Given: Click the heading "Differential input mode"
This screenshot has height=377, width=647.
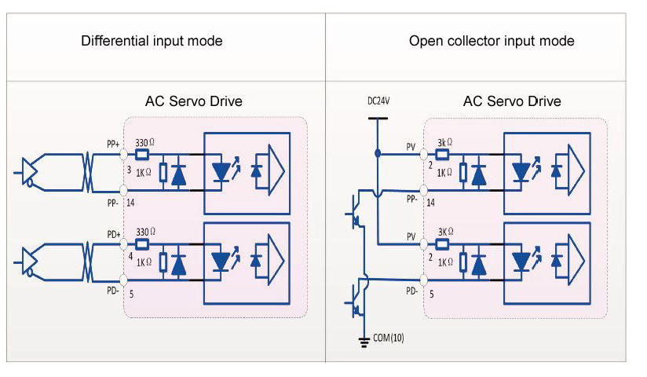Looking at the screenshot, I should [152, 41].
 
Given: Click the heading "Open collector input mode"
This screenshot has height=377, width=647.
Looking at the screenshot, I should [492, 41].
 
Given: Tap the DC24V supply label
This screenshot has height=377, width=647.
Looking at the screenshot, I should [378, 101].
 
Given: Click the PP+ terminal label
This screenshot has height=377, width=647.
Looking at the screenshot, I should [111, 144].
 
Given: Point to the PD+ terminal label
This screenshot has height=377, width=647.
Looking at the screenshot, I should [111, 234].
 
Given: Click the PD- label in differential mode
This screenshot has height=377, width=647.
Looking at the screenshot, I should [111, 291].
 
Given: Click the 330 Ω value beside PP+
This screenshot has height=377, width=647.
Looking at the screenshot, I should [146, 143].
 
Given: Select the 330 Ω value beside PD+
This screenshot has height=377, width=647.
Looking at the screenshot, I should [146, 232].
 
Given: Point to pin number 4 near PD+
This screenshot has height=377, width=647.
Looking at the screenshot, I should [130, 256].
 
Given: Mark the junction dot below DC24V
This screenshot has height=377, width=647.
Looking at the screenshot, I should [378, 153].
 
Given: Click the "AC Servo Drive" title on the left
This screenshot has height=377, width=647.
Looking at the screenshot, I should [194, 101].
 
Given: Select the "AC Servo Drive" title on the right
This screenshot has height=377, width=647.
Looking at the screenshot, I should [512, 101].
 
